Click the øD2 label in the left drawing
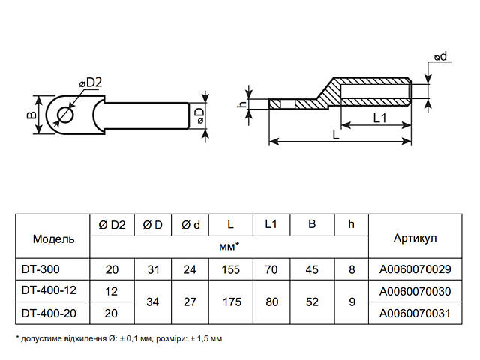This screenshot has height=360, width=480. (90, 82)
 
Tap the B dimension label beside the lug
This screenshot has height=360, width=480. (31, 115)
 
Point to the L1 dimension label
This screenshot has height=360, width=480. (379, 118)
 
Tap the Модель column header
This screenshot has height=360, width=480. (53, 238)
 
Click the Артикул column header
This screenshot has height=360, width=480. (415, 238)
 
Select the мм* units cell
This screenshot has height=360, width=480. (229, 245)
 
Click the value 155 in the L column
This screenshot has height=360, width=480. (229, 268)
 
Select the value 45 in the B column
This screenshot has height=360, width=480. (311, 268)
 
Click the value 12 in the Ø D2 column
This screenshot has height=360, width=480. (112, 289)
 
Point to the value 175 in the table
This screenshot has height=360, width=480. (229, 301)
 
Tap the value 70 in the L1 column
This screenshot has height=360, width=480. (271, 268)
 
